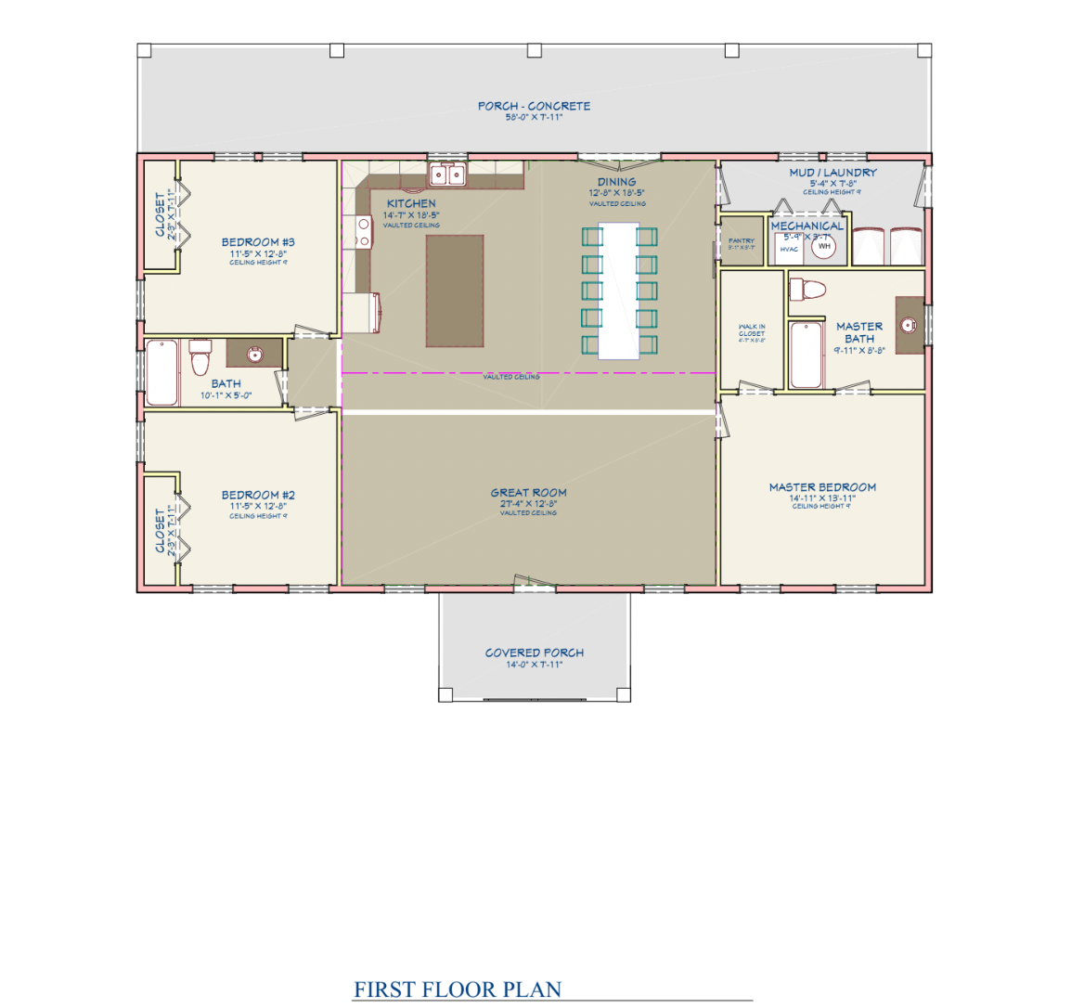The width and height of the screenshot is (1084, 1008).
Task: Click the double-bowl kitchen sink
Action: (448, 174)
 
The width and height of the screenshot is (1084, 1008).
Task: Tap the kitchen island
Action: (455, 291)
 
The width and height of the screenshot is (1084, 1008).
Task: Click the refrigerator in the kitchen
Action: (361, 313)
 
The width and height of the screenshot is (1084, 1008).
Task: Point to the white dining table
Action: (619, 291)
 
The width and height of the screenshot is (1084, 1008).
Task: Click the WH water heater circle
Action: (824, 247)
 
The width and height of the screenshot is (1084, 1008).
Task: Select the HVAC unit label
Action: (789, 250)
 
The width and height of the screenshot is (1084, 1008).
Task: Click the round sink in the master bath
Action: (909, 325)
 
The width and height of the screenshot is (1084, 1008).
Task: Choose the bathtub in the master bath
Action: (807, 355)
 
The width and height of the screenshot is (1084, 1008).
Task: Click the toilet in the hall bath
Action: (200, 357)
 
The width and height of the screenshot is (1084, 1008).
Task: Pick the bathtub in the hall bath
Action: (162, 372)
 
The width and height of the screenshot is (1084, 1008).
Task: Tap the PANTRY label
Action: (742, 241)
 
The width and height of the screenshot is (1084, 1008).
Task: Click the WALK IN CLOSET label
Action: (752, 330)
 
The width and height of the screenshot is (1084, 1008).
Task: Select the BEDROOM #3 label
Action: (258, 242)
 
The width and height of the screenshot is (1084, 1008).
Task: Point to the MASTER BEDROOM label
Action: (822, 487)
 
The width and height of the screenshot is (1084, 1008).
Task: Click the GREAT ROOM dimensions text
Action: (528, 504)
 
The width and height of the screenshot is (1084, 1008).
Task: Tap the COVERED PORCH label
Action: (535, 653)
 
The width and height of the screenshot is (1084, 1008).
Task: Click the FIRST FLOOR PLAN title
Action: (458, 989)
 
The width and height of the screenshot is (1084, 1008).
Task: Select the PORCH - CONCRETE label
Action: (535, 106)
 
